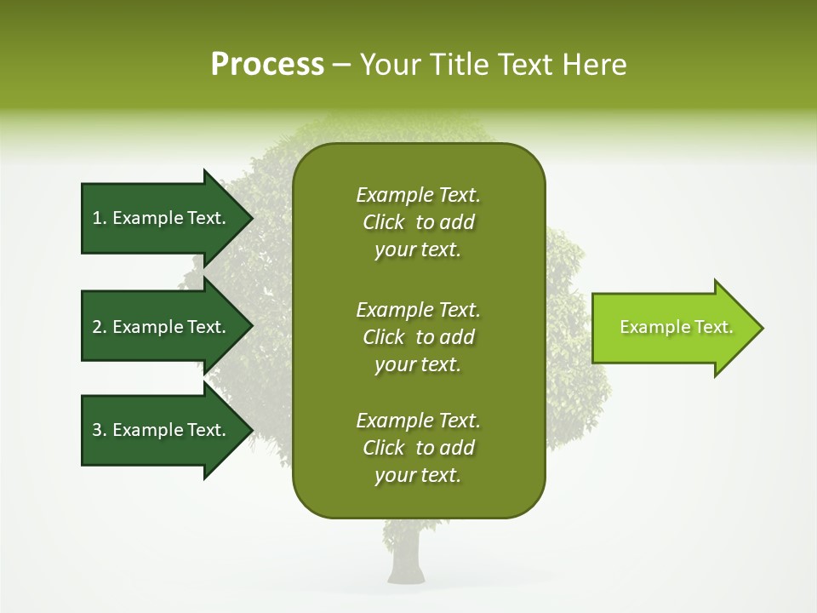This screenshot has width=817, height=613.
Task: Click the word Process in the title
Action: tap(267, 65)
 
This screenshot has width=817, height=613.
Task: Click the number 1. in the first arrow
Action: tap(100, 218)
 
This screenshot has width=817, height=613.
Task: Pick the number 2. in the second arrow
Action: tap(100, 327)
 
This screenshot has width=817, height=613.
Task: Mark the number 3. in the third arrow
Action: tap(100, 430)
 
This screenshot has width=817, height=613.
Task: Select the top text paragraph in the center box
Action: tap(418, 222)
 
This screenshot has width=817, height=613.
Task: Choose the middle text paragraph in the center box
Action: tap(418, 337)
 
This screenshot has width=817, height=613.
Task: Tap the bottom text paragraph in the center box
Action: tap(418, 448)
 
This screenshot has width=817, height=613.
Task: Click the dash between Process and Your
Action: tap(342, 65)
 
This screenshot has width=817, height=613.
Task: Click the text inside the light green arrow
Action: tap(677, 327)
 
